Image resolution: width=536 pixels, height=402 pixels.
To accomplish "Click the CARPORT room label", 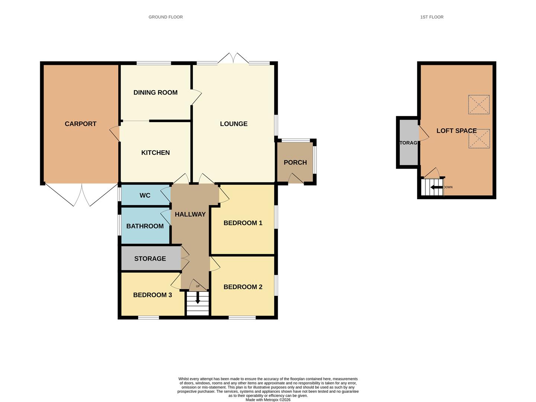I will click(80, 124).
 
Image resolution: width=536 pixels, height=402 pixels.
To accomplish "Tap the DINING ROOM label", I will click(155, 93).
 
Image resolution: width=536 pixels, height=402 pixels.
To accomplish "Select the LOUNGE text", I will click(233, 124).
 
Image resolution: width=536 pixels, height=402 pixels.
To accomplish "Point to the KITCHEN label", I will click(155, 153).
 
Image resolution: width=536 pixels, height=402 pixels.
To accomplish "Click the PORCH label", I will click(295, 163).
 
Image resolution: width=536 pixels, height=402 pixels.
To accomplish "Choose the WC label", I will click(145, 195).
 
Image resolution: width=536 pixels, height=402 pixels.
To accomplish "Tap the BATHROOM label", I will click(145, 226).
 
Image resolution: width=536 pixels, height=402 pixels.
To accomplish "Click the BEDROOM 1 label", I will click(243, 223).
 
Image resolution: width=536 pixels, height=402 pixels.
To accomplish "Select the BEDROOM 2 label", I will click(243, 287).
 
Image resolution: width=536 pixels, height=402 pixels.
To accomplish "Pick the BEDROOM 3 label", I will click(152, 295).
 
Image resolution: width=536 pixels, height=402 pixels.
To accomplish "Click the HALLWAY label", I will click(190, 214).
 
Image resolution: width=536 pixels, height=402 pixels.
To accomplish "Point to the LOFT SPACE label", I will click(456, 131).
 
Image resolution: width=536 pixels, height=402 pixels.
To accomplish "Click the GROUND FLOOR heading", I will click(166, 17).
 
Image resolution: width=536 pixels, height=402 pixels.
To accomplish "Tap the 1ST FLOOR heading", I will click(432, 17).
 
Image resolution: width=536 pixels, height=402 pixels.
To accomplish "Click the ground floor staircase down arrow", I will click(198, 298).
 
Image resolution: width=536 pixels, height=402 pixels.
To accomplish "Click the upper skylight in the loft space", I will click(479, 105).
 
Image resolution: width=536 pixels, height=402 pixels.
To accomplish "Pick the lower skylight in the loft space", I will click(479, 139).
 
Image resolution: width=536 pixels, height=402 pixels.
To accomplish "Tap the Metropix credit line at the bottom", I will click(268, 400).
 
